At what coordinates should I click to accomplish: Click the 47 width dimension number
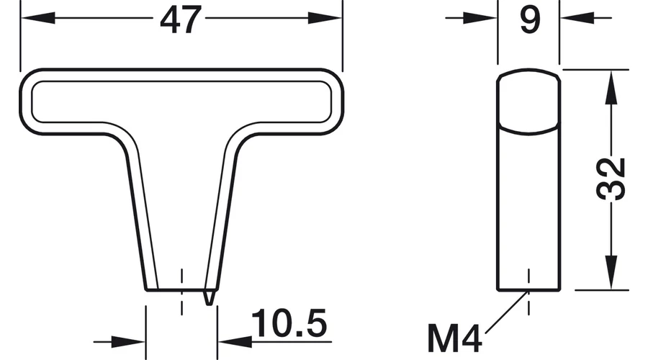(x=181, y=20)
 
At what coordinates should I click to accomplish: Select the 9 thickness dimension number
(x=530, y=20)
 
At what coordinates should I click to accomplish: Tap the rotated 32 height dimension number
(x=611, y=179)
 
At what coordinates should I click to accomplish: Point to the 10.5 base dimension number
(x=289, y=323)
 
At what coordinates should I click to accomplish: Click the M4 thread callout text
(x=454, y=338)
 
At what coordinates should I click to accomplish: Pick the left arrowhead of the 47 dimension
(x=38, y=18)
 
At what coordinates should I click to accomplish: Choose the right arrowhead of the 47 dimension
(x=325, y=18)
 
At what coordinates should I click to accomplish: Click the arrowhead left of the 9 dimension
(x=480, y=18)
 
